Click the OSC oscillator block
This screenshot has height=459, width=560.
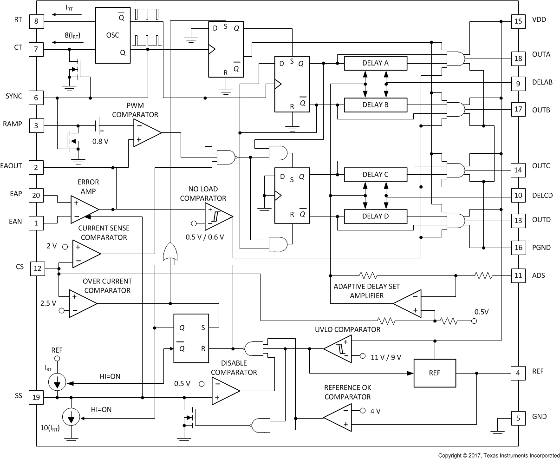tap(113, 35)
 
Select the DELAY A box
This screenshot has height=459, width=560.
tap(375, 63)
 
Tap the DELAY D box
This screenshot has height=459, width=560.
tap(375, 216)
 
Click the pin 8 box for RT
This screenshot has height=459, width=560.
tap(36, 21)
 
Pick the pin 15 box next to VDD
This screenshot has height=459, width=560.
tap(518, 21)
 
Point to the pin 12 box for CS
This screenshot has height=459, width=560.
tap(37, 268)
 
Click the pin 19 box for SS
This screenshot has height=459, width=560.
tap(36, 397)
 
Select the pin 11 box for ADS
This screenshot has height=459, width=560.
tap(518, 275)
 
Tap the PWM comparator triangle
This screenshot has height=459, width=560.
tap(145, 133)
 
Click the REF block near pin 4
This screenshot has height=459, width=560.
tap(435, 373)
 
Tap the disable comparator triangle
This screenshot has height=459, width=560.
tap(224, 391)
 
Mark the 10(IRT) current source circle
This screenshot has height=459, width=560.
tap(71, 419)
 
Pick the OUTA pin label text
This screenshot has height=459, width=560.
tap(541, 54)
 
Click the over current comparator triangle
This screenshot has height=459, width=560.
tap(82, 303)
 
